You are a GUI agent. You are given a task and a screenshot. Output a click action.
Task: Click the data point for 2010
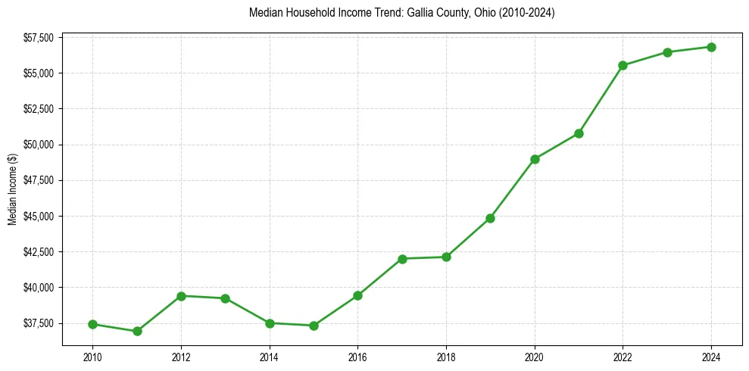[x=92, y=324]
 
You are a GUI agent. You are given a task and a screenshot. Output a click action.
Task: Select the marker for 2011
[x=137, y=331]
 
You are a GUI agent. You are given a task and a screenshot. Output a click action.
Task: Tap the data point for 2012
[x=181, y=296]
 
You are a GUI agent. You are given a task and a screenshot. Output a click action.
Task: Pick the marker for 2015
[x=314, y=326]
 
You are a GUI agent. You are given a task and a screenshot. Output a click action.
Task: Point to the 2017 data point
[x=402, y=259]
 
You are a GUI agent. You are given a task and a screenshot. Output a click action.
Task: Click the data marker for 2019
[x=491, y=218]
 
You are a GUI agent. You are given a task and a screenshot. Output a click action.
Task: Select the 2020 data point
[x=535, y=159]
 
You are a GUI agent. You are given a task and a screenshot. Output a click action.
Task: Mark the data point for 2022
[x=623, y=65]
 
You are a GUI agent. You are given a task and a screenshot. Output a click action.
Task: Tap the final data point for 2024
[x=711, y=47]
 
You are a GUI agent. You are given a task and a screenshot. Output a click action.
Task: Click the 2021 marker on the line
[x=579, y=133]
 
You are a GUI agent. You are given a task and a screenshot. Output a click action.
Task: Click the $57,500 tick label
[x=38, y=37]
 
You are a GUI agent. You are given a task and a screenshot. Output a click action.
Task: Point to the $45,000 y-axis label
[x=38, y=216]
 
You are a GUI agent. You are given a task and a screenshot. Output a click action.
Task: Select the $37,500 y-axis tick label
[x=38, y=323]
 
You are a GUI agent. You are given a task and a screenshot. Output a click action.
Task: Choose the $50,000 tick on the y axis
[x=38, y=145]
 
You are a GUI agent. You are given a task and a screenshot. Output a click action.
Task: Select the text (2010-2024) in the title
[x=527, y=14]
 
